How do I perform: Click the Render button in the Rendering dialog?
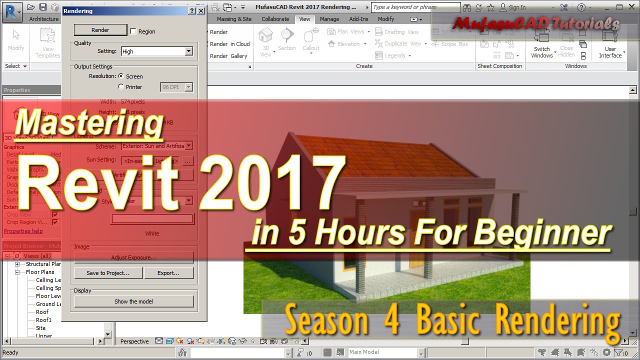[100, 30]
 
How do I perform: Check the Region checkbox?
[133, 31]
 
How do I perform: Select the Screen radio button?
[121, 76]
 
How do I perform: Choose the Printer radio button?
[121, 87]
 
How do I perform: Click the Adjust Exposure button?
[133, 257]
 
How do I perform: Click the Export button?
[168, 273]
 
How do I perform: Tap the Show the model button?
[133, 301]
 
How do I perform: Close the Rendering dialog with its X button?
[201, 10]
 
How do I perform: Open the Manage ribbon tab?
[329, 19]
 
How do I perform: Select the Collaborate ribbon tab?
[275, 19]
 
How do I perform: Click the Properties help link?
[23, 231]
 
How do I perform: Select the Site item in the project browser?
[41, 328]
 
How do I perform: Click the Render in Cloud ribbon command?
[229, 44]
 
